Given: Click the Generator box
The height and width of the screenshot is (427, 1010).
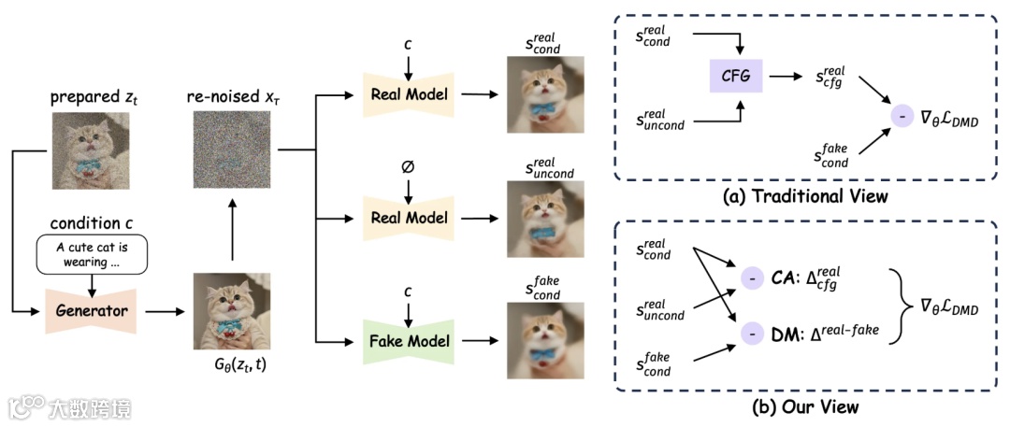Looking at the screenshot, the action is pos(91,311).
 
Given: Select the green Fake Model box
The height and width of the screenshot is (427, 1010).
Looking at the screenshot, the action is pos(409,339).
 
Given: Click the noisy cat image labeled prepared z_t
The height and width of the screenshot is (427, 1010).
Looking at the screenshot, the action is pos(91,150).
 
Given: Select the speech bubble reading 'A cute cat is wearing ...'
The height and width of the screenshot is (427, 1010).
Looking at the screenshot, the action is pos(92,254).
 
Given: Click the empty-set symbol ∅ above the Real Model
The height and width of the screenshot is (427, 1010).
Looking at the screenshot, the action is pos(409,167).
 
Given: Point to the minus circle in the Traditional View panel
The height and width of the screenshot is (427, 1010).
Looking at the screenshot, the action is pos(901,117).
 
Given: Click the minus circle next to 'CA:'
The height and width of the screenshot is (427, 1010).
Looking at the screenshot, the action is pos(751,278).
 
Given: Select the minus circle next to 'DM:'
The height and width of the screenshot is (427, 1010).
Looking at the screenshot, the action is pos(751,334).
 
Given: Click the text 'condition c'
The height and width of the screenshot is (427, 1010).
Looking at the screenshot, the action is pos(91,223).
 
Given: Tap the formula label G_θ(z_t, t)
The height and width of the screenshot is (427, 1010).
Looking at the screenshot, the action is pos(232,366).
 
